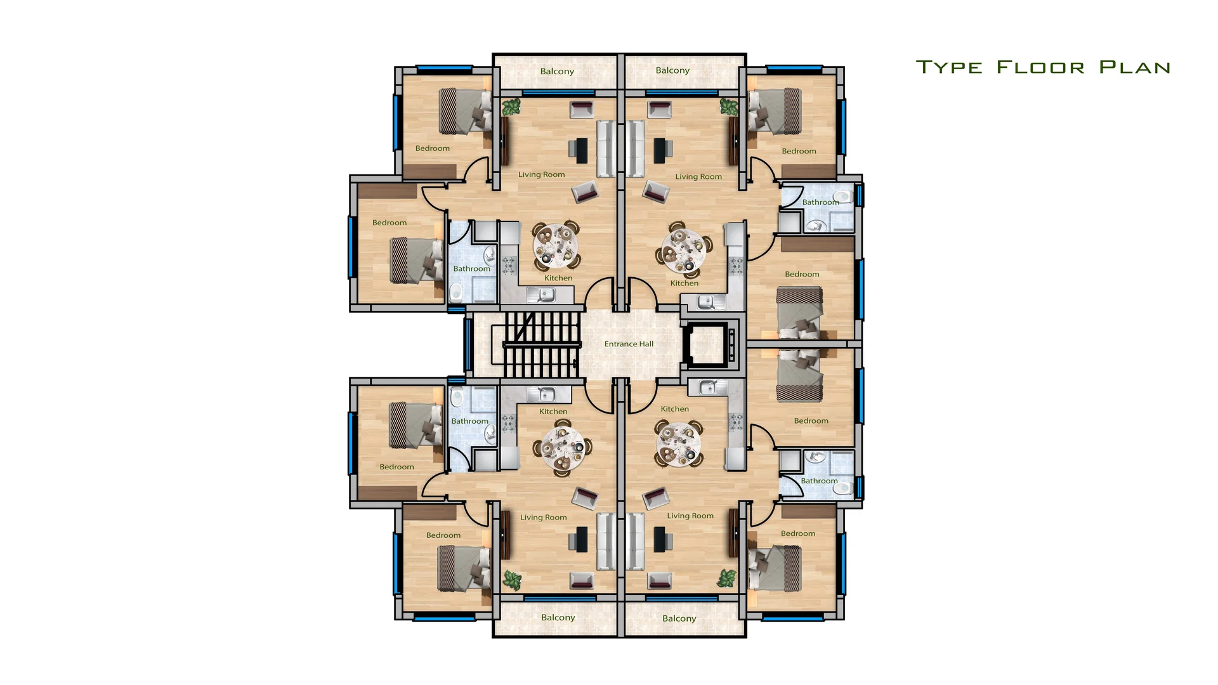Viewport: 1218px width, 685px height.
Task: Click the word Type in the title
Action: coord(949,67)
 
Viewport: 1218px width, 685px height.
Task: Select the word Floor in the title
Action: coord(1040,67)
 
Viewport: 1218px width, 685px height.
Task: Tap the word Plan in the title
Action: coord(1135,67)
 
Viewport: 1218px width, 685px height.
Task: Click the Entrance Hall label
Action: coord(629,344)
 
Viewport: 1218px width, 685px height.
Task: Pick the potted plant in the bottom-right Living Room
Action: coord(726,578)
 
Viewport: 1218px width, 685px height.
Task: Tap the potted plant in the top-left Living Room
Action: coord(511,107)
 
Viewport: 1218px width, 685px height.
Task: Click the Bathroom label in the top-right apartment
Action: coord(820,202)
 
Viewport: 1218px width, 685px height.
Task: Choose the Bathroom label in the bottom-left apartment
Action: coord(469,421)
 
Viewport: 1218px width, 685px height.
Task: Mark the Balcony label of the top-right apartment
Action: coord(672,70)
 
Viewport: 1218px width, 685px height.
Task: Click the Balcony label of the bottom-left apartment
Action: coord(558,618)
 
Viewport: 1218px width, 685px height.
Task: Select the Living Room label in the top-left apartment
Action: coord(541,174)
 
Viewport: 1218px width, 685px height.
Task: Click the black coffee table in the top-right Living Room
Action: coord(659,150)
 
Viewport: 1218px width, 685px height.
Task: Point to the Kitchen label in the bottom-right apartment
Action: coord(674,409)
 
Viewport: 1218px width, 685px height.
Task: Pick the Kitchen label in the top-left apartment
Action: coord(558,278)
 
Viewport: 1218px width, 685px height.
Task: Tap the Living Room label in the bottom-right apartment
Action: coord(690,516)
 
